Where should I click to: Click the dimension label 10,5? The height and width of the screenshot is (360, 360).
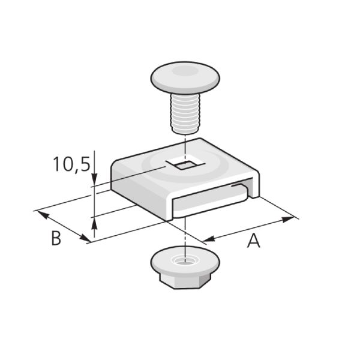pyautogui.click(x=71, y=164)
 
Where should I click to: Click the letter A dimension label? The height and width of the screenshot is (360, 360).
pyautogui.click(x=254, y=241)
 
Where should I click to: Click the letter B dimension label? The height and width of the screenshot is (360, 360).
pyautogui.click(x=56, y=238)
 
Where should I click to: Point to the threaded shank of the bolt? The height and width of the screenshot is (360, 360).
pyautogui.click(x=185, y=113)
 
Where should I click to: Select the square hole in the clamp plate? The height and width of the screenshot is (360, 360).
pyautogui.click(x=185, y=164)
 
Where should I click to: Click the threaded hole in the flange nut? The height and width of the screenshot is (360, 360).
pyautogui.click(x=185, y=260)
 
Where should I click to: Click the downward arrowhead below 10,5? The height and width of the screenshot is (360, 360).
pyautogui.click(x=94, y=179)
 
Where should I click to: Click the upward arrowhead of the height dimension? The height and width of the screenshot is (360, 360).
pyautogui.click(x=94, y=223)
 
